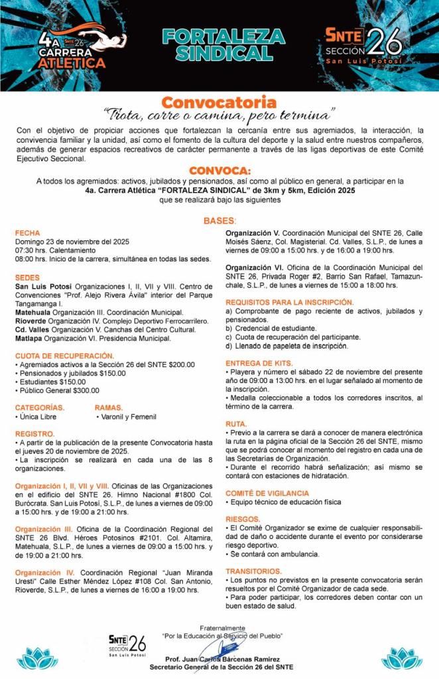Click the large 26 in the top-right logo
point(385,41)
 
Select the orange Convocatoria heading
point(219,102)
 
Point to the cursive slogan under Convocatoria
point(219,114)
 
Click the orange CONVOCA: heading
point(219,170)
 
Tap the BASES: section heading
point(219,220)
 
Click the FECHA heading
point(28,233)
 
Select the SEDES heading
point(28,277)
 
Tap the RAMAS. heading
point(109,408)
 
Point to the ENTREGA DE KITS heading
point(259,363)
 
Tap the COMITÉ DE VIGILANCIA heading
point(267,493)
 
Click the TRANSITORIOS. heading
point(254,571)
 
